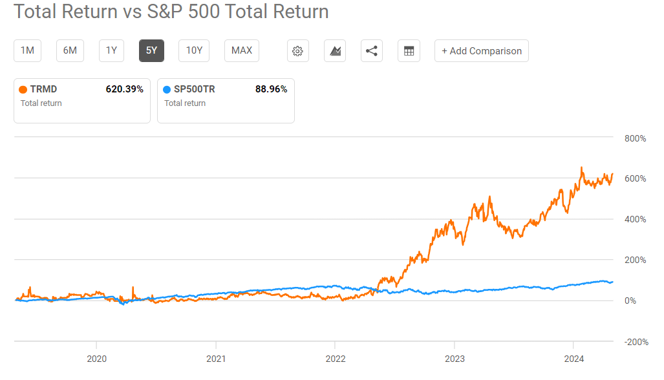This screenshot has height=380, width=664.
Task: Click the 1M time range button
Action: pos(27,50)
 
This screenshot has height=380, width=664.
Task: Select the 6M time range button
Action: pos(70,50)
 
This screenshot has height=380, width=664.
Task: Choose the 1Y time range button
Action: pos(111,50)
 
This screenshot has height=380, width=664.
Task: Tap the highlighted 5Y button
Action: pos(151,50)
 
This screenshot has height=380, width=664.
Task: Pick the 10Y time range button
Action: pos(194,50)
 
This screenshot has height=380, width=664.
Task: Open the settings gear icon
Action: pos(298,51)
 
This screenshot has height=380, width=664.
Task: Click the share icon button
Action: pos(371,51)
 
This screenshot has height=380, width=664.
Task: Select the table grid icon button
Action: pos(409,51)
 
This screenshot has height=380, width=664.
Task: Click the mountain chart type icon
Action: pos(335,51)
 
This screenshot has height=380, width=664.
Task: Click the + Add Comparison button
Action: pos(481,51)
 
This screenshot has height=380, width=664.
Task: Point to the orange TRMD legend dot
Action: pos(24,90)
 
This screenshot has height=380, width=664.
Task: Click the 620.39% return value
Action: pos(124,89)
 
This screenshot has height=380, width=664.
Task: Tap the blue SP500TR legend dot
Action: pos(168,90)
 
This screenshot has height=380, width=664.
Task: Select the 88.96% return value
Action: pos(271,89)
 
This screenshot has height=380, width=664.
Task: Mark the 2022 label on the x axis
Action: pos(335,359)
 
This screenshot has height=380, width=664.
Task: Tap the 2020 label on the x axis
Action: pos(96,359)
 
